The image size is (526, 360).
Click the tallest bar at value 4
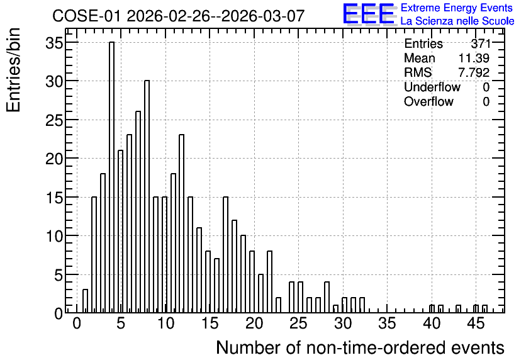112,177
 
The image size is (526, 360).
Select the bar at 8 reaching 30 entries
147,196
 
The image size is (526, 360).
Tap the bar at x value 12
181,224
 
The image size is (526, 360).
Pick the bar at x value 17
225,255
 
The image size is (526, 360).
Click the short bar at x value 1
85,301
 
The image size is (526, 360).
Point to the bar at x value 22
269,282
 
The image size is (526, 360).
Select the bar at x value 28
327,297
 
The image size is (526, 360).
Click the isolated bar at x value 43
458,309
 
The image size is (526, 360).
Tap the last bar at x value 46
484,309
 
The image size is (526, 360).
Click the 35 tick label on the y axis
54,43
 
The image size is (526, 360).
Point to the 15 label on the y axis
54,198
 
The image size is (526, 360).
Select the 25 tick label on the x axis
298,323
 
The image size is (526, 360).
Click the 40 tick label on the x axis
432,323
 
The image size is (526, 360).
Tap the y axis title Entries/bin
14,70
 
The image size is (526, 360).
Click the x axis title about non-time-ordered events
360,347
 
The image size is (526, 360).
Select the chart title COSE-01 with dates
179,16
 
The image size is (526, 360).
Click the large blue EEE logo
369,14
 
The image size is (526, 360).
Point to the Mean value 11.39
474,58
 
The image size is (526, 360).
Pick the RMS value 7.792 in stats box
474,72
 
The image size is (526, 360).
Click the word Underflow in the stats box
432,87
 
